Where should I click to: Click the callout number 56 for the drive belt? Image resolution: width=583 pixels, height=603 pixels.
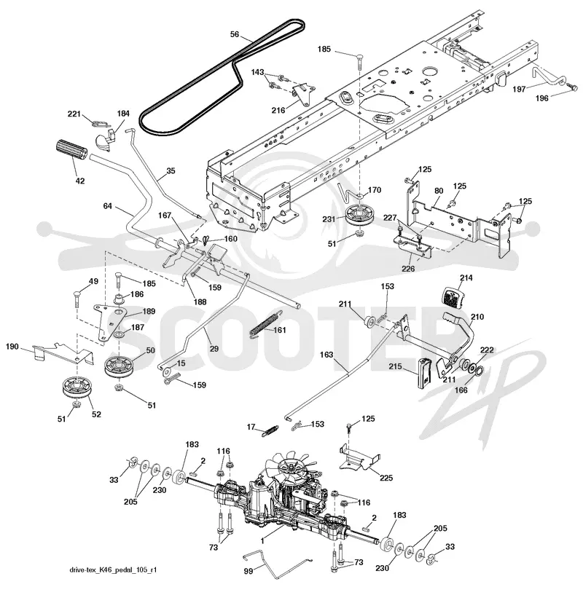[235, 34]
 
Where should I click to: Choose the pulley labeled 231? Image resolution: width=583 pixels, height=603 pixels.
[359, 217]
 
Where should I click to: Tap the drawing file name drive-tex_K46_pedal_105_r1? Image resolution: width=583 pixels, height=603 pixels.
[113, 569]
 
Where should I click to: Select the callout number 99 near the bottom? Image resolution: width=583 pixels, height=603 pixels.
[249, 571]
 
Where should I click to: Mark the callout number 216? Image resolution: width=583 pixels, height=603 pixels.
[278, 111]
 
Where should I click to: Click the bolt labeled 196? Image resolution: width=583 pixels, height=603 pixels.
[573, 88]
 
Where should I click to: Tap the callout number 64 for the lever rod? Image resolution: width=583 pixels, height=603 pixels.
[107, 206]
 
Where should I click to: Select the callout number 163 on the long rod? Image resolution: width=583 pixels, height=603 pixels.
[326, 355]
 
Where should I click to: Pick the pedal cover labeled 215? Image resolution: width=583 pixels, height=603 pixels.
[424, 371]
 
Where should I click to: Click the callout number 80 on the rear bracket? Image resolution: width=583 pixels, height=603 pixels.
[439, 191]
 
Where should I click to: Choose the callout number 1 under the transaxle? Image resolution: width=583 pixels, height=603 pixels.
[262, 541]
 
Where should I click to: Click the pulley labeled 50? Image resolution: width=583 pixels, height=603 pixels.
[119, 366]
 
